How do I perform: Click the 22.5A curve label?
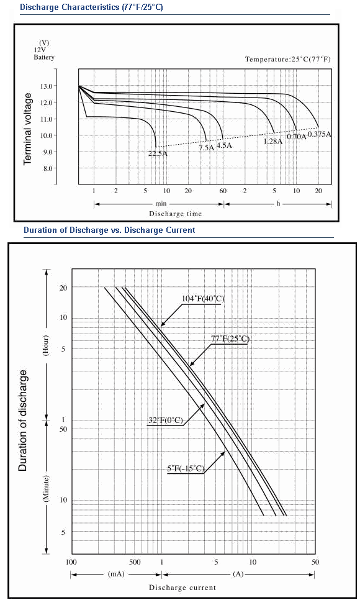[158, 154]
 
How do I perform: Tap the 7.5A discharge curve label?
[206, 147]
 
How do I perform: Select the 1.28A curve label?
[272, 142]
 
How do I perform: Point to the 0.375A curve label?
[319, 134]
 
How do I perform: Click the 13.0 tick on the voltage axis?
[47, 86]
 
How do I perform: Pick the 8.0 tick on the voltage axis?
[47, 168]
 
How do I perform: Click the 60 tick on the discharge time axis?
[223, 191]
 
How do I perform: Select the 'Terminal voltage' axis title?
[27, 129]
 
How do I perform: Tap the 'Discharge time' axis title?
[175, 214]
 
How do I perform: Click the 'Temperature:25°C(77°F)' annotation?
[288, 59]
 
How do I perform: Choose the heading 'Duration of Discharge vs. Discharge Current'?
[109, 230]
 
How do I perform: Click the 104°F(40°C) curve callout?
[203, 299]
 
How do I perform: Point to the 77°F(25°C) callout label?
[230, 339]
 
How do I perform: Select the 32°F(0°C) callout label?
[166, 420]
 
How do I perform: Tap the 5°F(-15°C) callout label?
[186, 468]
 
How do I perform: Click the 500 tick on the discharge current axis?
[135, 562]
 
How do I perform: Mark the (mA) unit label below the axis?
[116, 575]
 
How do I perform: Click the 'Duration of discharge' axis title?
[23, 420]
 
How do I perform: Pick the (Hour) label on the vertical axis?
[45, 346]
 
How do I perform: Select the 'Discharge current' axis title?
[182, 588]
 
